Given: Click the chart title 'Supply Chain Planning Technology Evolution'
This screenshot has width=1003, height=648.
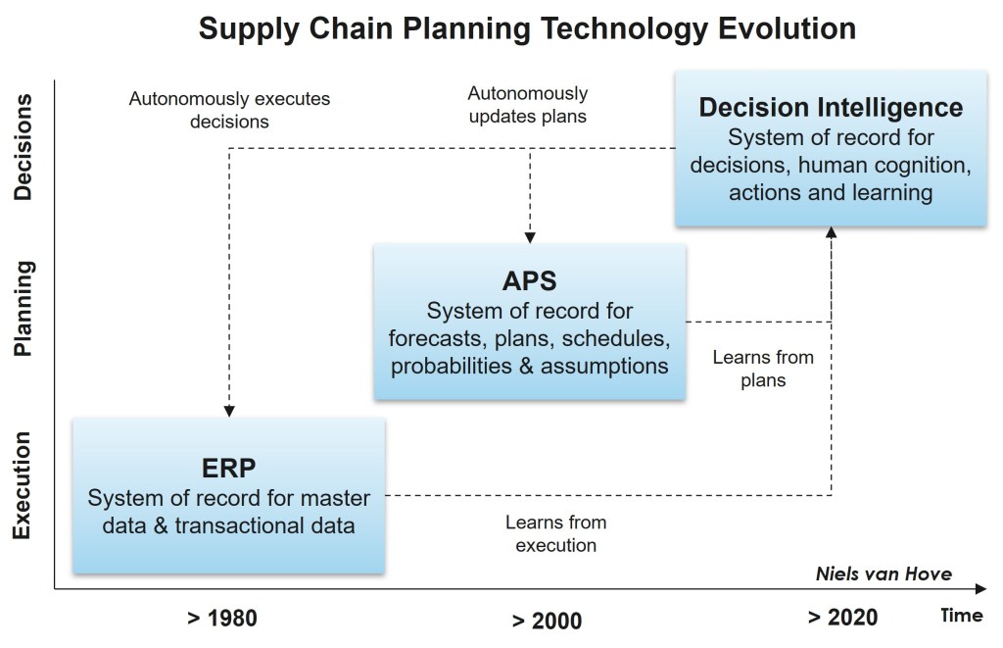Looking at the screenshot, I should coord(527,28).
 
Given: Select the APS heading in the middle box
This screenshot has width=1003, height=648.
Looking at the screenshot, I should coord(529,281).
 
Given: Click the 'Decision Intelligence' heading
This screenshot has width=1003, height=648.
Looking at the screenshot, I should coord(831,107).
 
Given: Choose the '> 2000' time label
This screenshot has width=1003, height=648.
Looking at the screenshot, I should coord(547,621).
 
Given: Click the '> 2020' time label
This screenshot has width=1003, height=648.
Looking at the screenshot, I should coord(842,618).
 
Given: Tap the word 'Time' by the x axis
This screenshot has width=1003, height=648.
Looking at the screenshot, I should coord(961,616).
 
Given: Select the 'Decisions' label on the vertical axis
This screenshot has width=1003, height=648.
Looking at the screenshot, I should coord(24,147).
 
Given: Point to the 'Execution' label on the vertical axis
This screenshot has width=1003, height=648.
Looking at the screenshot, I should coord(24,485).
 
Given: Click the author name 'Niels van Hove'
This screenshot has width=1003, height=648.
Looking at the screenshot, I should coord(884,573).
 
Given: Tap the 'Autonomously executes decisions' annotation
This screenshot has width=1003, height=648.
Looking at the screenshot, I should coord(229,111).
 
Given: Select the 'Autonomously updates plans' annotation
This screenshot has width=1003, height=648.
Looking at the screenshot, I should coord(528,105).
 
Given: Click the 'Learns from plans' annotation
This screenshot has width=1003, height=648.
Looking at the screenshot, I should coord(763,369).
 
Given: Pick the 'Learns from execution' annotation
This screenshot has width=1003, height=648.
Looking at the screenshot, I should coord(556,533).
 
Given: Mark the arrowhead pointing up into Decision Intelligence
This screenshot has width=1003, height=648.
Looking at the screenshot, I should coord(832,232).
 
